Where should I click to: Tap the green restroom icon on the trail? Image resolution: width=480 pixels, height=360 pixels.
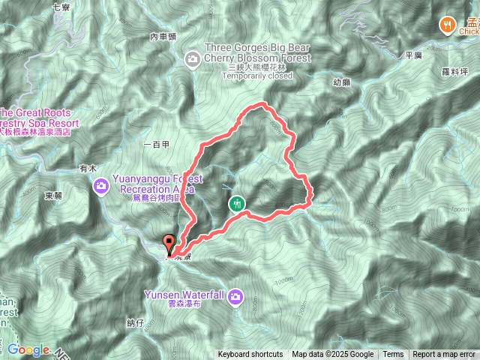click(236, 203)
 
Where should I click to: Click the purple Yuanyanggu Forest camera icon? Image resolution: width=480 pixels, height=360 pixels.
click(100, 184)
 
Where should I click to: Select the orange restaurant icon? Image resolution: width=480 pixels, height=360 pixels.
click(447, 25)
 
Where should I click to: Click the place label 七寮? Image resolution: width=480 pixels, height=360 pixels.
click(61, 7)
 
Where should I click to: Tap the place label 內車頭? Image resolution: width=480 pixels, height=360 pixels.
click(163, 37)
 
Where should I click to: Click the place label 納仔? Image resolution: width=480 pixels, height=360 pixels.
click(135, 322)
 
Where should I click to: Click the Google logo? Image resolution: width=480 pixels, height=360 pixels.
click(28, 349)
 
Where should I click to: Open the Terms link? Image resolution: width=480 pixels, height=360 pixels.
click(393, 355)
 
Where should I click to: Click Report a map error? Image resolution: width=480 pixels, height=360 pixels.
click(444, 355)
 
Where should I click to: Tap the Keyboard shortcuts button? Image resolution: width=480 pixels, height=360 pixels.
click(250, 355)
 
